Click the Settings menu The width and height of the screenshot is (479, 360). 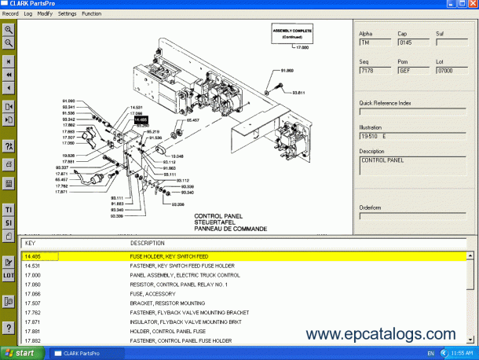click(68, 13)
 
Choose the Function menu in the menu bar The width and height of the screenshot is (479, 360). click(92, 13)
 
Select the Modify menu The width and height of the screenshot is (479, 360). click(45, 13)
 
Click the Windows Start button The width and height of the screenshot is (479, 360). click(21, 353)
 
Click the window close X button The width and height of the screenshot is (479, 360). click(472, 4)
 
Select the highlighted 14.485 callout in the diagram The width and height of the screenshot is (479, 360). click(141, 119)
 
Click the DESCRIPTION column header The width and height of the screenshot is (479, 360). click(148, 243)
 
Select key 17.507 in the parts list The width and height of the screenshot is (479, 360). click(32, 303)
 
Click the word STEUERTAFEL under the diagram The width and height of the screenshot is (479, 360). click(215, 222)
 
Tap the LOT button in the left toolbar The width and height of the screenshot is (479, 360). click(9, 276)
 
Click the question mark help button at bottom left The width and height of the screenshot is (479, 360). click(9, 327)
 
